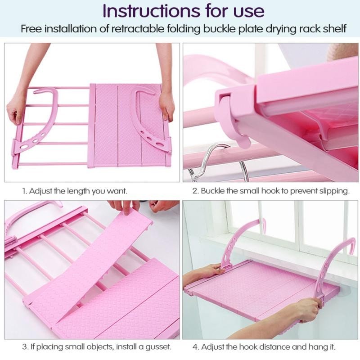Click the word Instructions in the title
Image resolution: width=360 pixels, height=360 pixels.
coord(151,10)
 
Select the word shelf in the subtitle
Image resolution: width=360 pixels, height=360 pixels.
coord(334,29)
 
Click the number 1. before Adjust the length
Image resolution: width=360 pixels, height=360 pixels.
coord(25,191)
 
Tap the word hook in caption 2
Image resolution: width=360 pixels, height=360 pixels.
coord(272,191)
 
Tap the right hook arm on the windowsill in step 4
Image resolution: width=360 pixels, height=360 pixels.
coord(331,266)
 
